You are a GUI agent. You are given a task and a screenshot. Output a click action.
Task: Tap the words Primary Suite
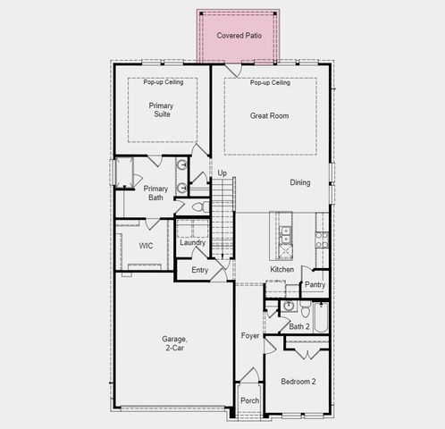coord(161,110)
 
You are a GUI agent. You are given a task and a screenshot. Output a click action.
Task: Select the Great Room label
coord(269,115)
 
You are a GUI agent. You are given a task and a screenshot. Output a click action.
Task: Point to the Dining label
coord(300,182)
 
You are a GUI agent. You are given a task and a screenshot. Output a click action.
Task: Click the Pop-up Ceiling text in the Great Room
coord(269,83)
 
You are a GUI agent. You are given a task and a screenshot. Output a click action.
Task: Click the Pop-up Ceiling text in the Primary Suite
coord(160,83)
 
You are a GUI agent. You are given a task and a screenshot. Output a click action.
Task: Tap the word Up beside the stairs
coord(222,172)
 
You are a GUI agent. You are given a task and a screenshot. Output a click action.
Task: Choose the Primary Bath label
coord(155,194)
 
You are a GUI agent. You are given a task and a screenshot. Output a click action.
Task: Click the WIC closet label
coord(147,246)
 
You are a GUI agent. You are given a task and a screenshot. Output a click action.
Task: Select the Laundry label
coord(192,242)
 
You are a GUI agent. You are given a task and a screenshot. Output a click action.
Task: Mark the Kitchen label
coord(282,269)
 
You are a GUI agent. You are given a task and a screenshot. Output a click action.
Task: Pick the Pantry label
coord(315,285)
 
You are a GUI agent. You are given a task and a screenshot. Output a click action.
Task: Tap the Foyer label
coord(250,336)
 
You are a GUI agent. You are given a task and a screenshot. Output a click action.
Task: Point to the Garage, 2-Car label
coord(174,344)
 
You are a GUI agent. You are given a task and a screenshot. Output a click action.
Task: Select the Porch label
coord(250,400)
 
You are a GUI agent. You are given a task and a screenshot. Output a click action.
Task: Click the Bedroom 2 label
coord(298,382)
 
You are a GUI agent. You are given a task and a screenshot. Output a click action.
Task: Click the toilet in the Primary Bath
coord(200,206)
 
